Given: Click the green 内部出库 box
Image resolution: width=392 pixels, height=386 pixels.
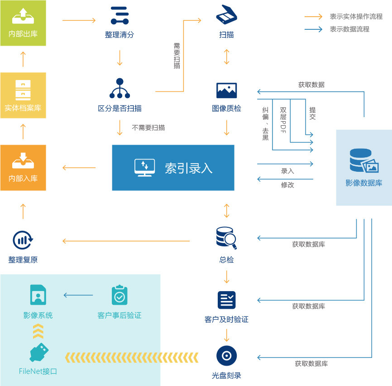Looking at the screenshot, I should pos(23,23).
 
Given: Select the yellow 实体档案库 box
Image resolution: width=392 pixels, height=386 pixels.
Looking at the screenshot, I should pos(23,95).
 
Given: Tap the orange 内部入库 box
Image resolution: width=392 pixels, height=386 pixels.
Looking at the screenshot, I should pos(23,167).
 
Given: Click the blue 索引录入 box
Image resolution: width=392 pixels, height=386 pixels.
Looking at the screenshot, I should pos(173,168).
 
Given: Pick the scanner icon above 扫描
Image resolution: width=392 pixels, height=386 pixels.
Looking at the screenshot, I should pos(226,15).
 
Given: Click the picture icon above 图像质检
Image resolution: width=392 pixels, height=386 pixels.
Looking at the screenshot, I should pos(226,90).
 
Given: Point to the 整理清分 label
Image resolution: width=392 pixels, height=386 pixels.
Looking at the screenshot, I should pos(120,34).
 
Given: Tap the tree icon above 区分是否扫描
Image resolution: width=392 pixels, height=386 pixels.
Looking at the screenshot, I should pos(120,89).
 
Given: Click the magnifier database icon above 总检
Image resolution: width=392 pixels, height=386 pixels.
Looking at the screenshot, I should pos(226,238).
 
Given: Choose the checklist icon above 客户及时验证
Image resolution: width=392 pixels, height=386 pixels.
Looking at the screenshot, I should pos(226,300).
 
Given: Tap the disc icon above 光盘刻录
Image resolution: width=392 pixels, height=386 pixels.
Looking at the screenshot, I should pos(226,356).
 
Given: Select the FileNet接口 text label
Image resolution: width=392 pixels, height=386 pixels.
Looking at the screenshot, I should pos(38,371).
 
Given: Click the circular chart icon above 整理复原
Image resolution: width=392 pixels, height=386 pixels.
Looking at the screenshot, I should pos(23,240).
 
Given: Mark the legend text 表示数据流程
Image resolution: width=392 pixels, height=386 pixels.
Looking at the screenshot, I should pos(349,29).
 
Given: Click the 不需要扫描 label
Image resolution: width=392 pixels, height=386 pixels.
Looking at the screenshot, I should pos(148,128).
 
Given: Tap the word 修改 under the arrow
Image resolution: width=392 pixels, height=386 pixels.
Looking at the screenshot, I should pos(287,185).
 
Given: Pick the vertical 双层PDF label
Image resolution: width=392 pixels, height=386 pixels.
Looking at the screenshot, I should pos(283,120).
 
